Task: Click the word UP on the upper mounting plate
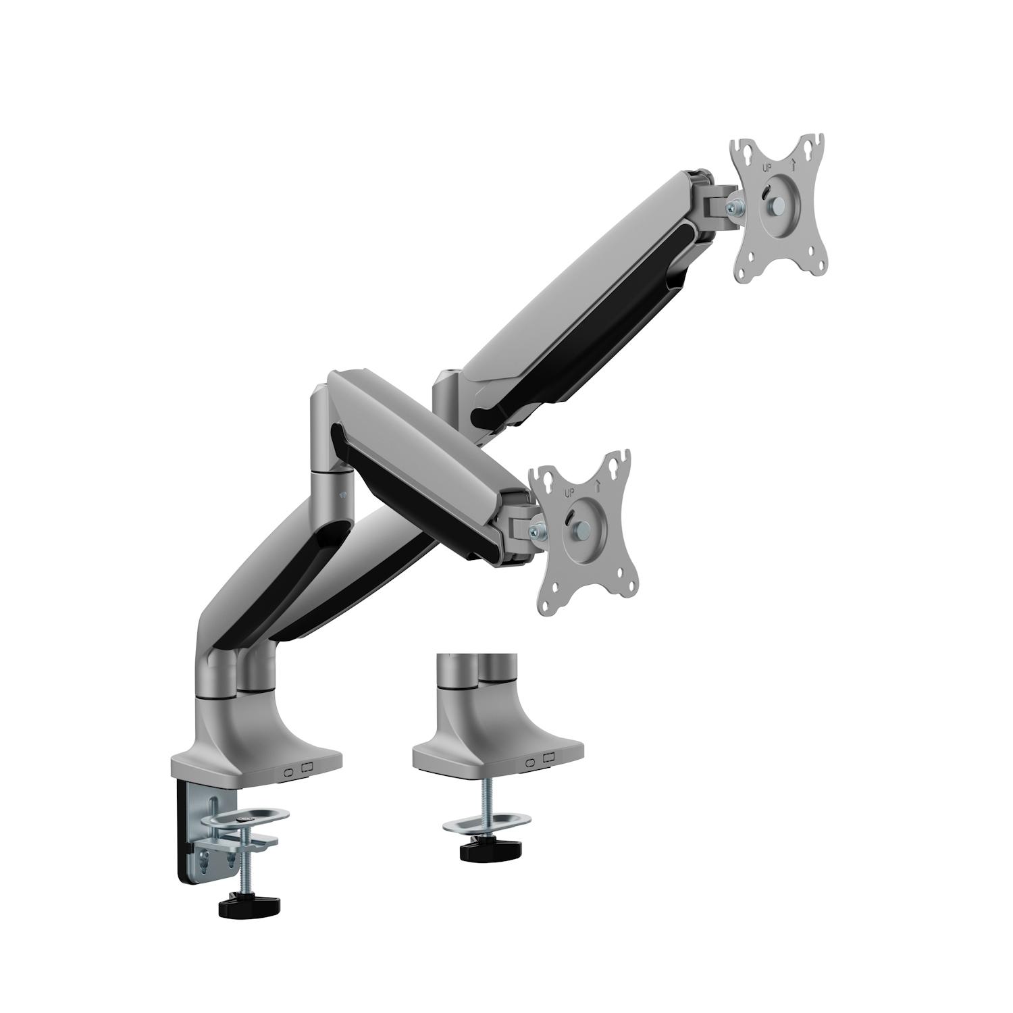coord(766,168)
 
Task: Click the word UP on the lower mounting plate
coord(568,492)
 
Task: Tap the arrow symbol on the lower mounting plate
coord(597,484)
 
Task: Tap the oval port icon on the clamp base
coord(288,772)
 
